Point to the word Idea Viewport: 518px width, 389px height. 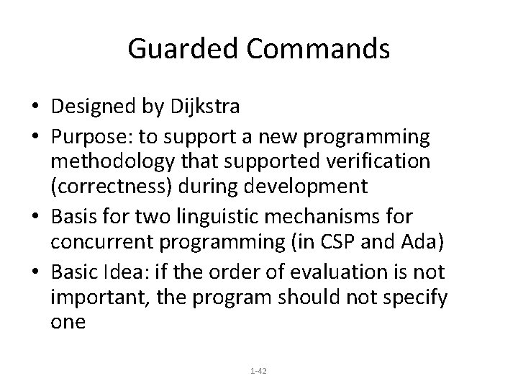142,272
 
